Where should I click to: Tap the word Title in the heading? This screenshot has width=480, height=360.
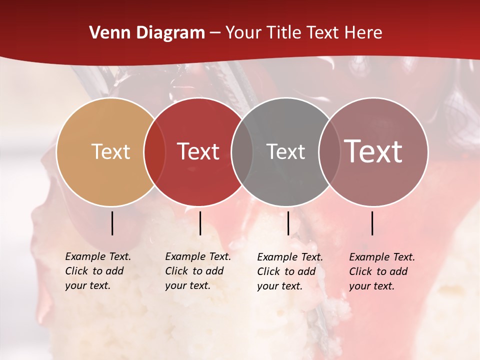(283, 33)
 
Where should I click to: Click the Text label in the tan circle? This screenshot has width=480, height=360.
(110, 151)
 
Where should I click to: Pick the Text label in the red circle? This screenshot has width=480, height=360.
(198, 151)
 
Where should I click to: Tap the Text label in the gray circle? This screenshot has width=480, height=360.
(286, 151)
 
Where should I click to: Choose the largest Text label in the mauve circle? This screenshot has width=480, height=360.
(373, 151)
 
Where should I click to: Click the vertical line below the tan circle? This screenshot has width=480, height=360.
(112, 223)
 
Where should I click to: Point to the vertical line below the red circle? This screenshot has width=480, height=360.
(200, 223)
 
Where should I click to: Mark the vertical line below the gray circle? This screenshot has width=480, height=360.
(288, 223)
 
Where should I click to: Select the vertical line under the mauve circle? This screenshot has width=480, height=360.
(372, 223)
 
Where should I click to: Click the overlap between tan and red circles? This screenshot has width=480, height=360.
(155, 152)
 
